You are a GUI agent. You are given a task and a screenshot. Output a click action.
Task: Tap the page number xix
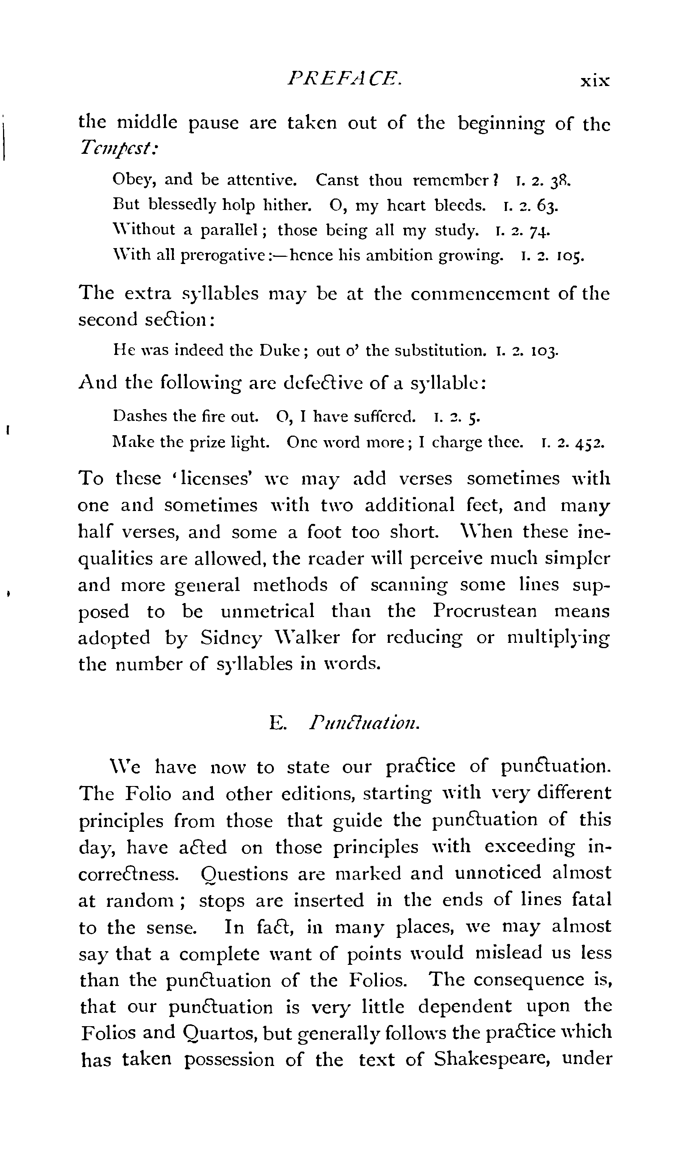[595, 82]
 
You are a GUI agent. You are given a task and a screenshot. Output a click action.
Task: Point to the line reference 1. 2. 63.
[530, 206]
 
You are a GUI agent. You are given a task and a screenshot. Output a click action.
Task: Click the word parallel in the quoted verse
[228, 230]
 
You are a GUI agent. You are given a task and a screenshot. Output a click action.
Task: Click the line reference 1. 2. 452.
[572, 443]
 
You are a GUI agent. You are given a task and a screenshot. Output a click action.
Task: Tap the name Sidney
[231, 638]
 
